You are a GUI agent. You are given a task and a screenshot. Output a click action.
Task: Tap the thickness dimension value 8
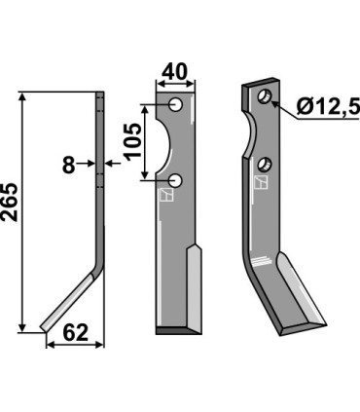click(68, 166)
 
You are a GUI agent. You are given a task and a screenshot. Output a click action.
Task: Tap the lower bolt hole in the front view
click(175, 180)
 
